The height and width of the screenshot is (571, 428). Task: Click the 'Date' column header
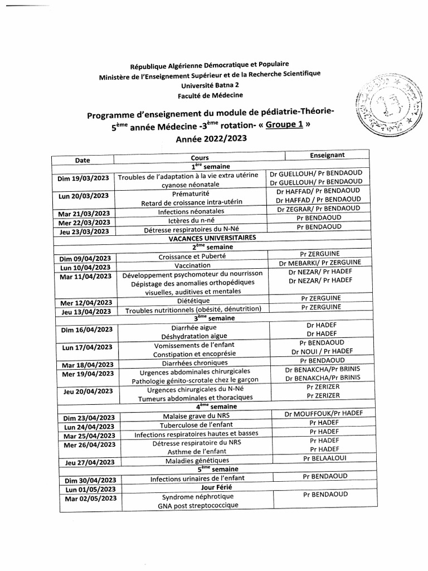(82, 160)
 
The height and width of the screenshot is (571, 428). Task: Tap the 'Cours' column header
(200, 158)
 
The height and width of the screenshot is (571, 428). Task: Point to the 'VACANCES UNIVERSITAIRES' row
(200, 238)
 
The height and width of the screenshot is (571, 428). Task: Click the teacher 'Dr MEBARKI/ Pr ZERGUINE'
(320, 263)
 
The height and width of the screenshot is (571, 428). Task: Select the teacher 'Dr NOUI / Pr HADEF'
(322, 352)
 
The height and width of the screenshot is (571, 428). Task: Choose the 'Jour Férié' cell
(200, 487)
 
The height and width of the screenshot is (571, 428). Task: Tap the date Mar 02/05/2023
(90, 498)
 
